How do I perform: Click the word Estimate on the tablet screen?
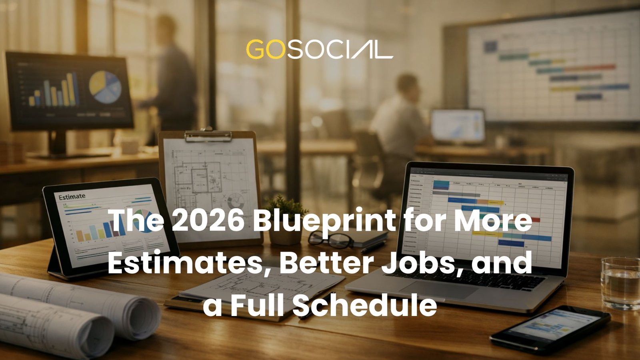[72, 196]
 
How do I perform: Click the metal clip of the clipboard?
[208, 135]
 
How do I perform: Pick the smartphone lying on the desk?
[550, 328]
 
